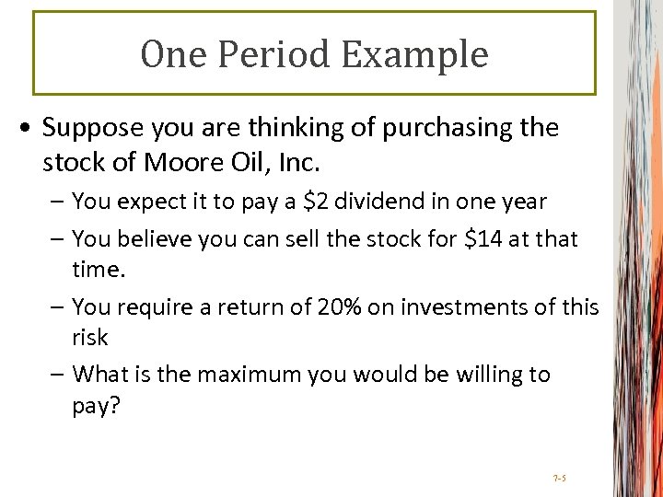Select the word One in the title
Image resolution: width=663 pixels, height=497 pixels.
pos(167,54)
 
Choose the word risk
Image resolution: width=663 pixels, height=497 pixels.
pos(89,337)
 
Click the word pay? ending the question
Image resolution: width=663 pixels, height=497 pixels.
pos(95,406)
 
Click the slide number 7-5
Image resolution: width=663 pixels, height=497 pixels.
pos(559,479)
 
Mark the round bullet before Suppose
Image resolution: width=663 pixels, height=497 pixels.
pos(30,128)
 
